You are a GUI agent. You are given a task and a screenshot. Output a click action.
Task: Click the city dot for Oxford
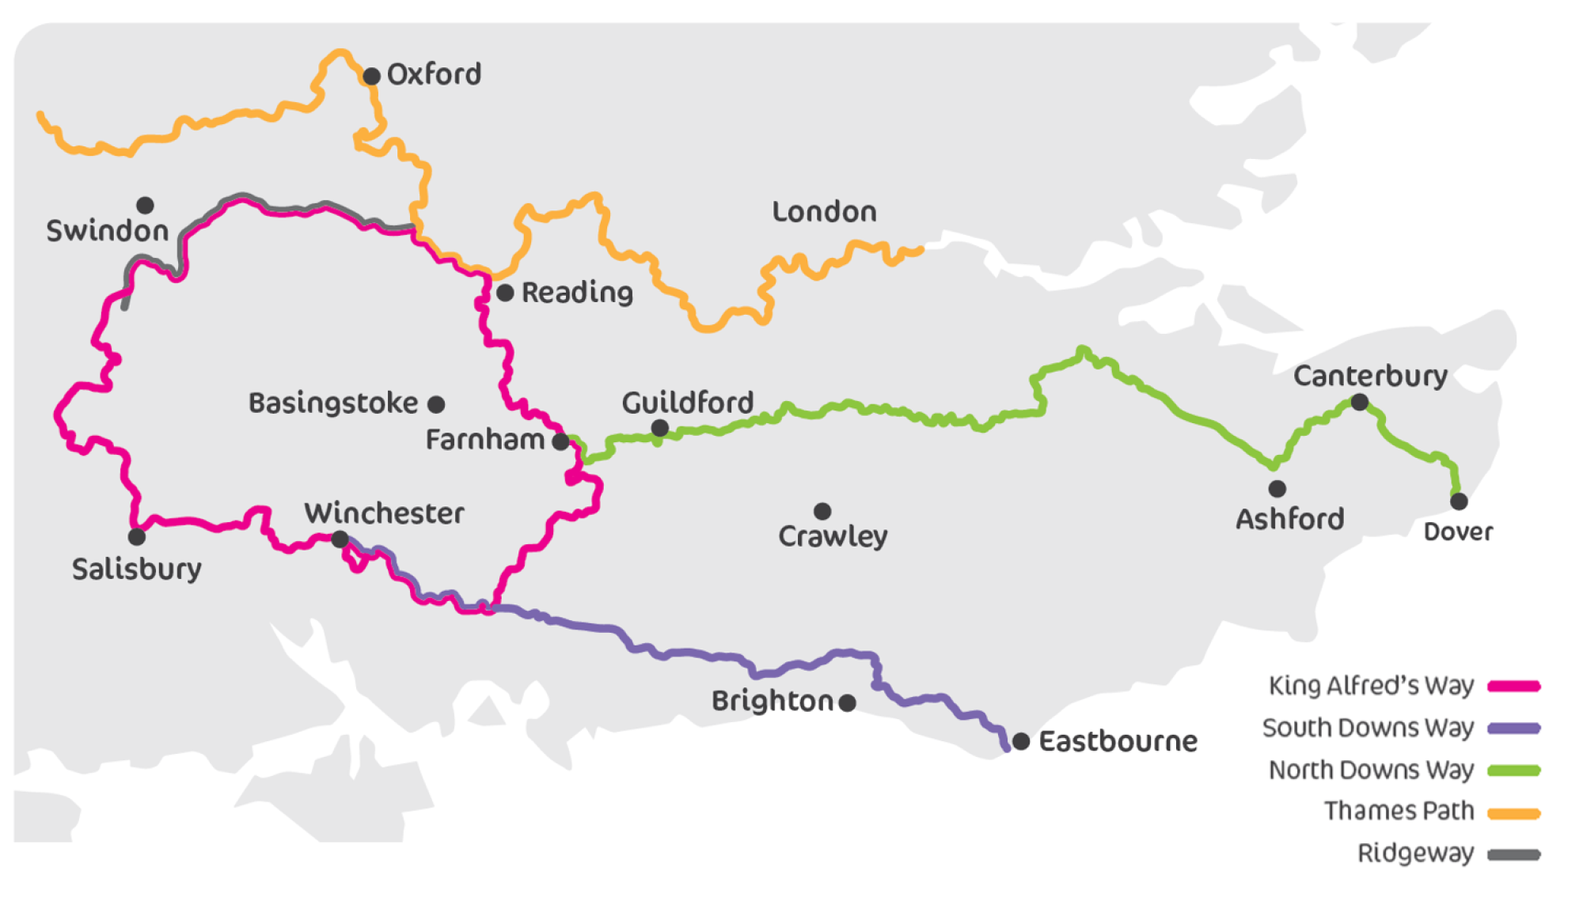pyautogui.click(x=371, y=76)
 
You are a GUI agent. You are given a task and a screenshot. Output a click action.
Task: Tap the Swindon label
pyautogui.click(x=108, y=231)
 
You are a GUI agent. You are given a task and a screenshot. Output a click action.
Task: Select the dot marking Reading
pyautogui.click(x=505, y=293)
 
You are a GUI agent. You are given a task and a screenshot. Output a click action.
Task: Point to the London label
pyautogui.click(x=824, y=212)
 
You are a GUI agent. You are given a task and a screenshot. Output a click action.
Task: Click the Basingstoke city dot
pyautogui.click(x=436, y=404)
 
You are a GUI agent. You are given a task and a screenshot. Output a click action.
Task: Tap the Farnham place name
pyautogui.click(x=484, y=440)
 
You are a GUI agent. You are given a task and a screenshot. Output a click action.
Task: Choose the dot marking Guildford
pyautogui.click(x=659, y=428)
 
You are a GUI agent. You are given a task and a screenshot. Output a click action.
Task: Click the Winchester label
pyautogui.click(x=384, y=513)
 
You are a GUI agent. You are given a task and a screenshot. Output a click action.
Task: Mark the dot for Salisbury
pyautogui.click(x=136, y=537)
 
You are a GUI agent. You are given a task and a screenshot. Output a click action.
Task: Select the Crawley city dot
pyautogui.click(x=822, y=511)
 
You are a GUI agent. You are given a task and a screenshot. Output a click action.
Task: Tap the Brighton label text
pyautogui.click(x=772, y=701)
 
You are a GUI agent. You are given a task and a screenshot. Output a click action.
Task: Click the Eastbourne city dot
pyautogui.click(x=1021, y=741)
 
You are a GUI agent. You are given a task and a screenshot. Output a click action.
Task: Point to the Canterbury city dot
pyautogui.click(x=1359, y=402)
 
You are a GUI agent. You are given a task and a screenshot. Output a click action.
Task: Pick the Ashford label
pyautogui.click(x=1289, y=519)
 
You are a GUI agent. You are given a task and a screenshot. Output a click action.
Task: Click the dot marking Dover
pyautogui.click(x=1459, y=501)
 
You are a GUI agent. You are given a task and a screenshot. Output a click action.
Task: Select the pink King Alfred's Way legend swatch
pyautogui.click(x=1513, y=686)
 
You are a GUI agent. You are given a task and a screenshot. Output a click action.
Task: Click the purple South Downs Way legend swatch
pyautogui.click(x=1513, y=728)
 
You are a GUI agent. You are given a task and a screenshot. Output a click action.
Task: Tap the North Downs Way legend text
pyautogui.click(x=1371, y=770)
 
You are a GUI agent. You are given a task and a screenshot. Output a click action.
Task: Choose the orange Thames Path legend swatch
pyautogui.click(x=1513, y=812)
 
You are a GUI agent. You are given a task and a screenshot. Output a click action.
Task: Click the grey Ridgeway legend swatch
pyautogui.click(x=1513, y=854)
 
